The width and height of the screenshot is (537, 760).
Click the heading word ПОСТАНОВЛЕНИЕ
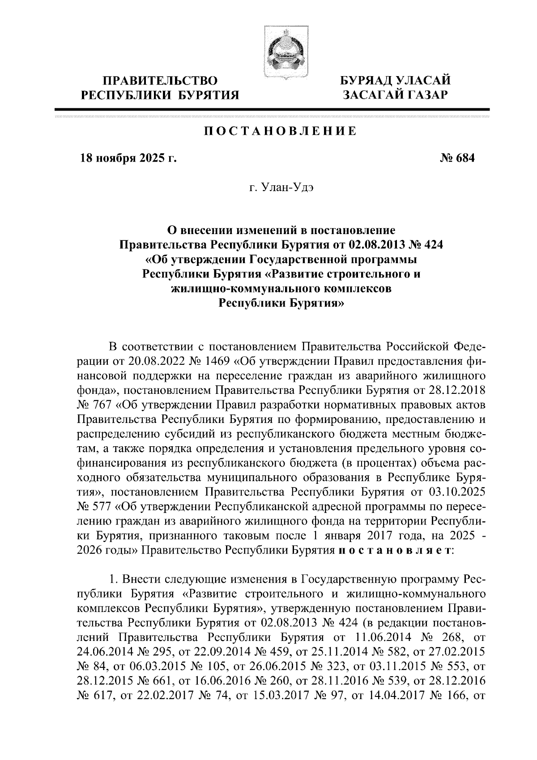(281, 131)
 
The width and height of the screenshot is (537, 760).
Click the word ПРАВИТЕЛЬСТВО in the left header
(160, 81)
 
